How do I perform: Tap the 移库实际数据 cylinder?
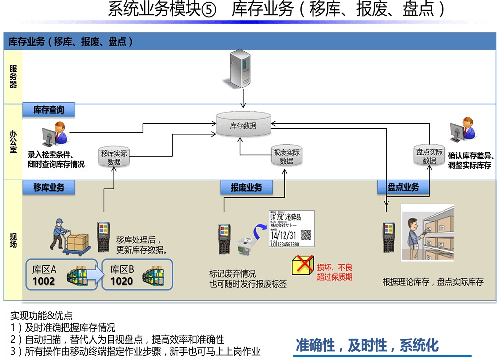pos(114,157)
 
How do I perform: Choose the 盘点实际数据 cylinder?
pos(429,156)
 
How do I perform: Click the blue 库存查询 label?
pos(49,110)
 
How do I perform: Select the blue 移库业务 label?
pos(49,187)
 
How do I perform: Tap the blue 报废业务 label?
pos(246,187)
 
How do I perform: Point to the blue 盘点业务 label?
pos(403,187)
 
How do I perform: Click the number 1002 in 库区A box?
pos(43,281)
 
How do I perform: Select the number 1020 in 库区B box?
pos(121,281)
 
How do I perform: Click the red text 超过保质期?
pos(334,277)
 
